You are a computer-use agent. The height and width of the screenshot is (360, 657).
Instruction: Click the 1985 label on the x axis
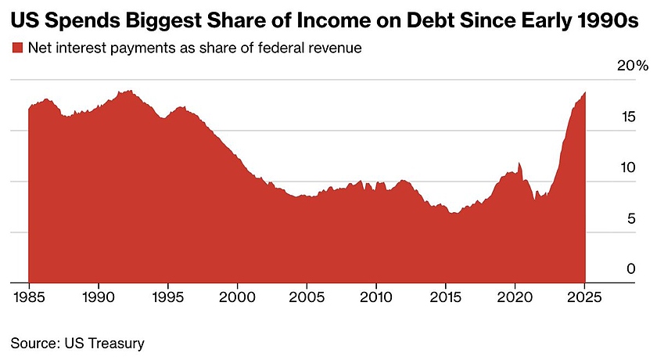[29, 297]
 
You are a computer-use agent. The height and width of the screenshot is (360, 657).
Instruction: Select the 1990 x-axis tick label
[99, 297]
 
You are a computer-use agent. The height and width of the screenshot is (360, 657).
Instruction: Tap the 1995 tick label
[167, 297]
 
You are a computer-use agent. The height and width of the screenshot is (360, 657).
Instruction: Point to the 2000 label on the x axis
[237, 297]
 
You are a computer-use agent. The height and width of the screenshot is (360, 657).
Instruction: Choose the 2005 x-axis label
[307, 297]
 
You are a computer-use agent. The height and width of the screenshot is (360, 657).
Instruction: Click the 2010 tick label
[375, 297]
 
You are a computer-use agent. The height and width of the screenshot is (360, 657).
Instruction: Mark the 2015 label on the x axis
[446, 297]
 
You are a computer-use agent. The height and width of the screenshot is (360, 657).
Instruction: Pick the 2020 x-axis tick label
[515, 297]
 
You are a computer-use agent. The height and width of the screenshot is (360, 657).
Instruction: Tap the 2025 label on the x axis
[584, 297]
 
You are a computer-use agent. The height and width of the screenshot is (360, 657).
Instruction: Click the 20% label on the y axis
[632, 67]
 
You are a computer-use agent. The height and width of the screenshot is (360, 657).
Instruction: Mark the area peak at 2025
[584, 92]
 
